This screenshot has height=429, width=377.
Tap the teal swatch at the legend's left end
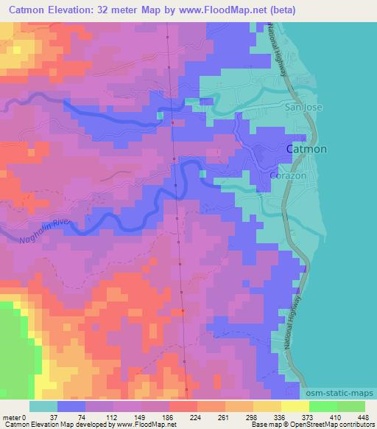click(x=43, y=406)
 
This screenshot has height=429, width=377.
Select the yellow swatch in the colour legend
click(x=295, y=406)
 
